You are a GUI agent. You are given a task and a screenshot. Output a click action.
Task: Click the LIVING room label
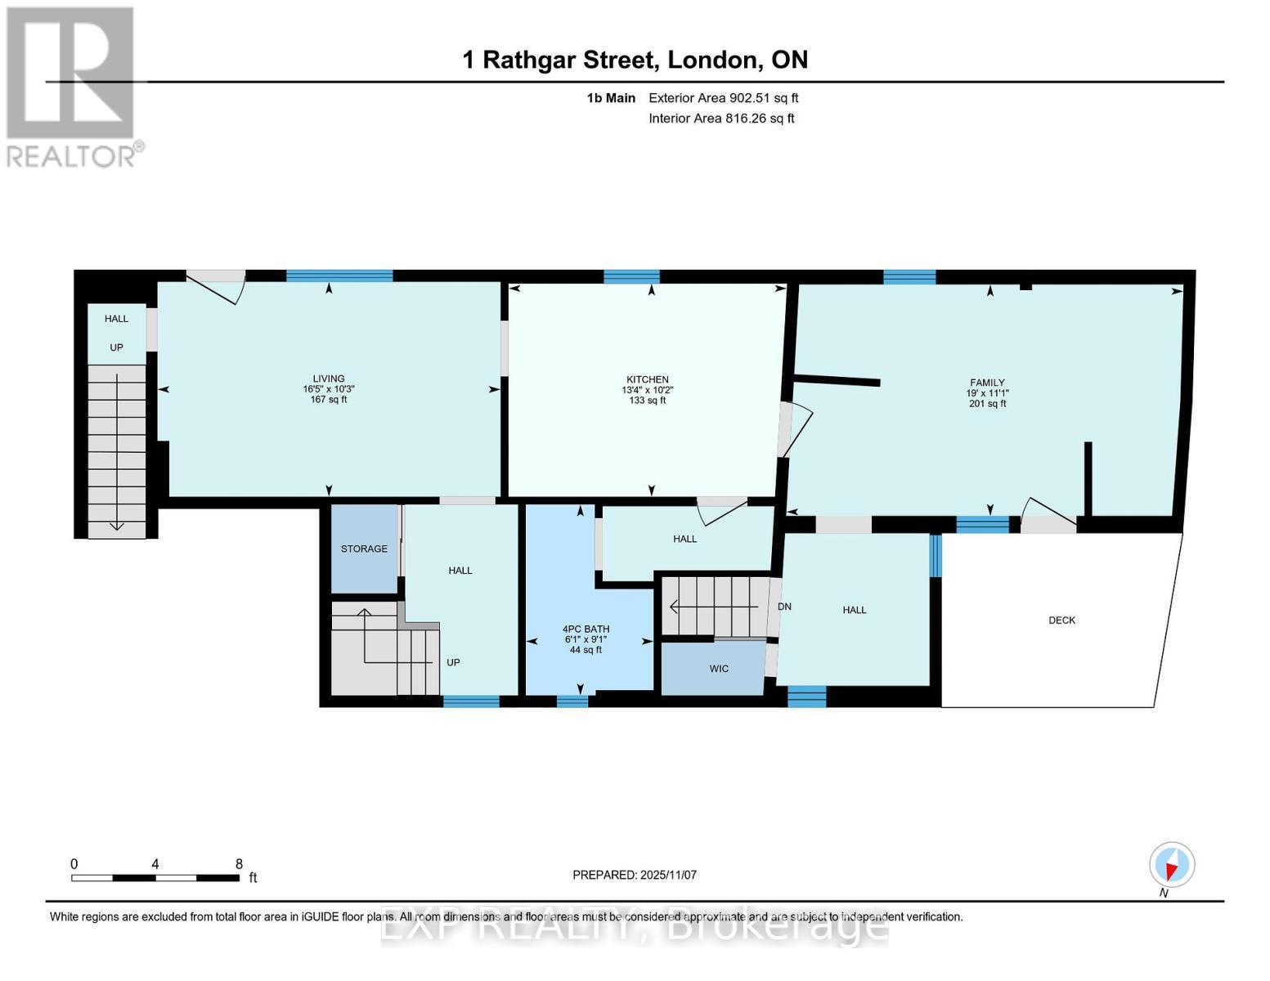pyautogui.click(x=329, y=379)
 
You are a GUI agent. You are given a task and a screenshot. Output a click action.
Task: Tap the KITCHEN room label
pyautogui.click(x=647, y=379)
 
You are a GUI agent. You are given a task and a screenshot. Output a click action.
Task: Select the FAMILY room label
pyautogui.click(x=987, y=383)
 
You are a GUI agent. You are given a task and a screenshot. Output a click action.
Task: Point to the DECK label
pyautogui.click(x=1061, y=620)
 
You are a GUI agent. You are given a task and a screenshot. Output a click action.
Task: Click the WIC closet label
pyautogui.click(x=719, y=669)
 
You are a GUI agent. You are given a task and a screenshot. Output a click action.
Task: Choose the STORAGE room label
pyautogui.click(x=364, y=549)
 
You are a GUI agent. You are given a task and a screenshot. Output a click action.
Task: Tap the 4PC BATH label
pyautogui.click(x=586, y=629)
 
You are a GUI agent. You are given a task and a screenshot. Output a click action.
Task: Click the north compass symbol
pyautogui.click(x=1172, y=865)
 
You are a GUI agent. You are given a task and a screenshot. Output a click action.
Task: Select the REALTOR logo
pyautogui.click(x=72, y=86)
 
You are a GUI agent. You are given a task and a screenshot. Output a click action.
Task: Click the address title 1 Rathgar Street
pyautogui.click(x=635, y=60)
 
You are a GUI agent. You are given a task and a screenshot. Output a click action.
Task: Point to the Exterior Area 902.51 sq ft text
pyautogui.click(x=723, y=98)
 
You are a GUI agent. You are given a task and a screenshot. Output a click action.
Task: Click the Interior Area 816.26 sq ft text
pyautogui.click(x=721, y=119)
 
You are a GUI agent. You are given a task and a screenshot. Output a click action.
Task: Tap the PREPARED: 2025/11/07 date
pyautogui.click(x=635, y=875)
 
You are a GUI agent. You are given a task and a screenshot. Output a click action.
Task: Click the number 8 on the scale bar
pyautogui.click(x=239, y=864)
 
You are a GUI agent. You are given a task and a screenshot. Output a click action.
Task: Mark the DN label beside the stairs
pyautogui.click(x=784, y=607)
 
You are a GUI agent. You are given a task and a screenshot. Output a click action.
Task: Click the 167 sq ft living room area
pyautogui.click(x=329, y=400)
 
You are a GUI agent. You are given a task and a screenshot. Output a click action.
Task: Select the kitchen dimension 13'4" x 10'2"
pyautogui.click(x=647, y=390)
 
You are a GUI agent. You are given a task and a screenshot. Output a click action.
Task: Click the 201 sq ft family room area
pyautogui.click(x=987, y=404)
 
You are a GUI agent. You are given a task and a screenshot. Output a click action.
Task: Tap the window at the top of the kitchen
pyautogui.click(x=631, y=276)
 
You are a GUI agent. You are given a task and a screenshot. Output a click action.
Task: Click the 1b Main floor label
pyautogui.click(x=611, y=98)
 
